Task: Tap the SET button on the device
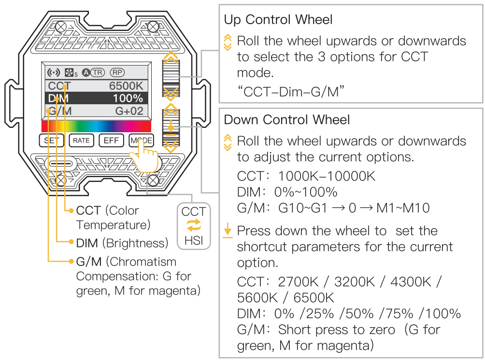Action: coord(51,140)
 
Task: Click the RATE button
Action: coord(81,140)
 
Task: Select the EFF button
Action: coord(112,140)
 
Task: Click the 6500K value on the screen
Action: coord(127,86)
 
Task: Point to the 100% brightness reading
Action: coord(128,98)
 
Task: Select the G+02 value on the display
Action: coord(129,111)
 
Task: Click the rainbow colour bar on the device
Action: coord(96,126)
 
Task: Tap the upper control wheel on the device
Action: coord(171,76)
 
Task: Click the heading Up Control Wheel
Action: coord(278,20)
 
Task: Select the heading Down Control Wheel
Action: coord(287,119)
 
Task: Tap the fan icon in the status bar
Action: coord(71,73)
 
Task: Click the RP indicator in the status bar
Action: coord(117,72)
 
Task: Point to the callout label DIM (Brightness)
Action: coord(122,242)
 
